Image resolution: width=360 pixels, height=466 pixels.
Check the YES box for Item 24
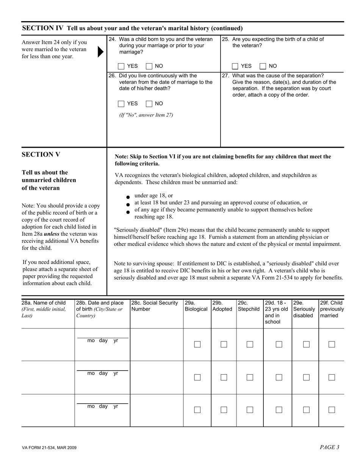click(121, 66)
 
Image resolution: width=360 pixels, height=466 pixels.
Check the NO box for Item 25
click(263, 66)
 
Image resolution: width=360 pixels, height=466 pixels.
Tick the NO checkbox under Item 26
click(149, 104)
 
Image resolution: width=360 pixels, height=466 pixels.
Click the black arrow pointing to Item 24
click(100, 52)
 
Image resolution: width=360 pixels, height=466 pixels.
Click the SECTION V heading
click(41, 155)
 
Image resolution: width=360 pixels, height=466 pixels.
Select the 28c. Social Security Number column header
click(155, 306)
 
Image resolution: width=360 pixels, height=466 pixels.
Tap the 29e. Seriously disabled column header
click(304, 309)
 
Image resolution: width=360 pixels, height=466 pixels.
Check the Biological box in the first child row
click(197, 344)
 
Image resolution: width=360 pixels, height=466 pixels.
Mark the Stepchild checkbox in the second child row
click(250, 377)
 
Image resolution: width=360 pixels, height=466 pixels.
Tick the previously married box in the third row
click(332, 410)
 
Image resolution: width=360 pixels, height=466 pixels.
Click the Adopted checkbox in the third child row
click(224, 410)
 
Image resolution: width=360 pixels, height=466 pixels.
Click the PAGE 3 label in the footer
click(329, 447)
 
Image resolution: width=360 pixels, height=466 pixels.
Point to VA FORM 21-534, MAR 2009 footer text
click(49, 448)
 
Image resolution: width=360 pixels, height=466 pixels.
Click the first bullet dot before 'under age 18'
click(128, 197)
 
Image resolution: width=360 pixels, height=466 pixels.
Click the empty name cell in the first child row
click(48, 344)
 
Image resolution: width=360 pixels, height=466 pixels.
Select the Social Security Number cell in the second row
click(157, 377)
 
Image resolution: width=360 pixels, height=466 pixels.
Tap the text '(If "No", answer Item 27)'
click(146, 115)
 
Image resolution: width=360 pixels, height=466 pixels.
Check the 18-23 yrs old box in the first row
click(279, 344)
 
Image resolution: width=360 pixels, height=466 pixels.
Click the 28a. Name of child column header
click(44, 309)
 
